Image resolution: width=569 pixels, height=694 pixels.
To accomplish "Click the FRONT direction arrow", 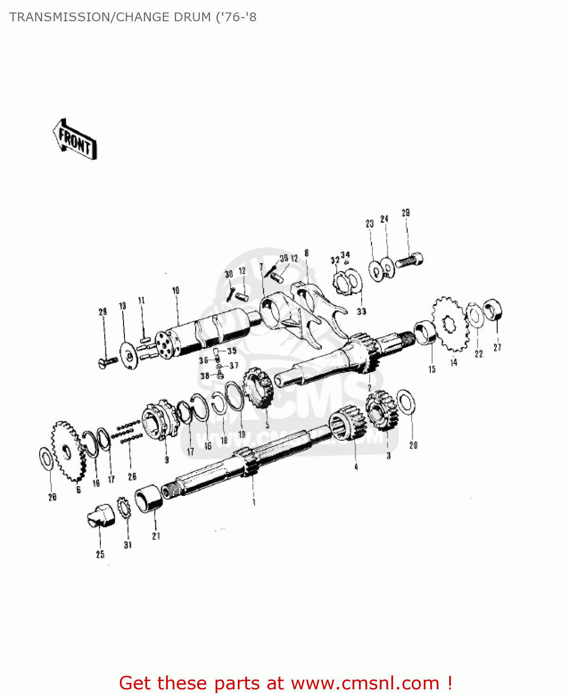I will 75,140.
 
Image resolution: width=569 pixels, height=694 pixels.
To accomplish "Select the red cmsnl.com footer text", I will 285,683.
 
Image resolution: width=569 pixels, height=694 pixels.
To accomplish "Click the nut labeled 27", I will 493,310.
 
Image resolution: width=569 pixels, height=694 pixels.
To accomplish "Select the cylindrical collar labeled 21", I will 149,498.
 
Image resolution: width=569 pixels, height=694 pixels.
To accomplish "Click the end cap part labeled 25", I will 101,516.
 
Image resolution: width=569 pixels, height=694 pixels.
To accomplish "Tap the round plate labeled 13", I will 129,355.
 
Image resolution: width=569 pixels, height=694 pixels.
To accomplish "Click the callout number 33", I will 361,311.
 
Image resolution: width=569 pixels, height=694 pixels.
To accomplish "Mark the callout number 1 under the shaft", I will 254,502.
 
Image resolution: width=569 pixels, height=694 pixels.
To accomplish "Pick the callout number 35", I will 232,351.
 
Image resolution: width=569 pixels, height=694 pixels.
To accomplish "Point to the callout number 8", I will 306,253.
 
